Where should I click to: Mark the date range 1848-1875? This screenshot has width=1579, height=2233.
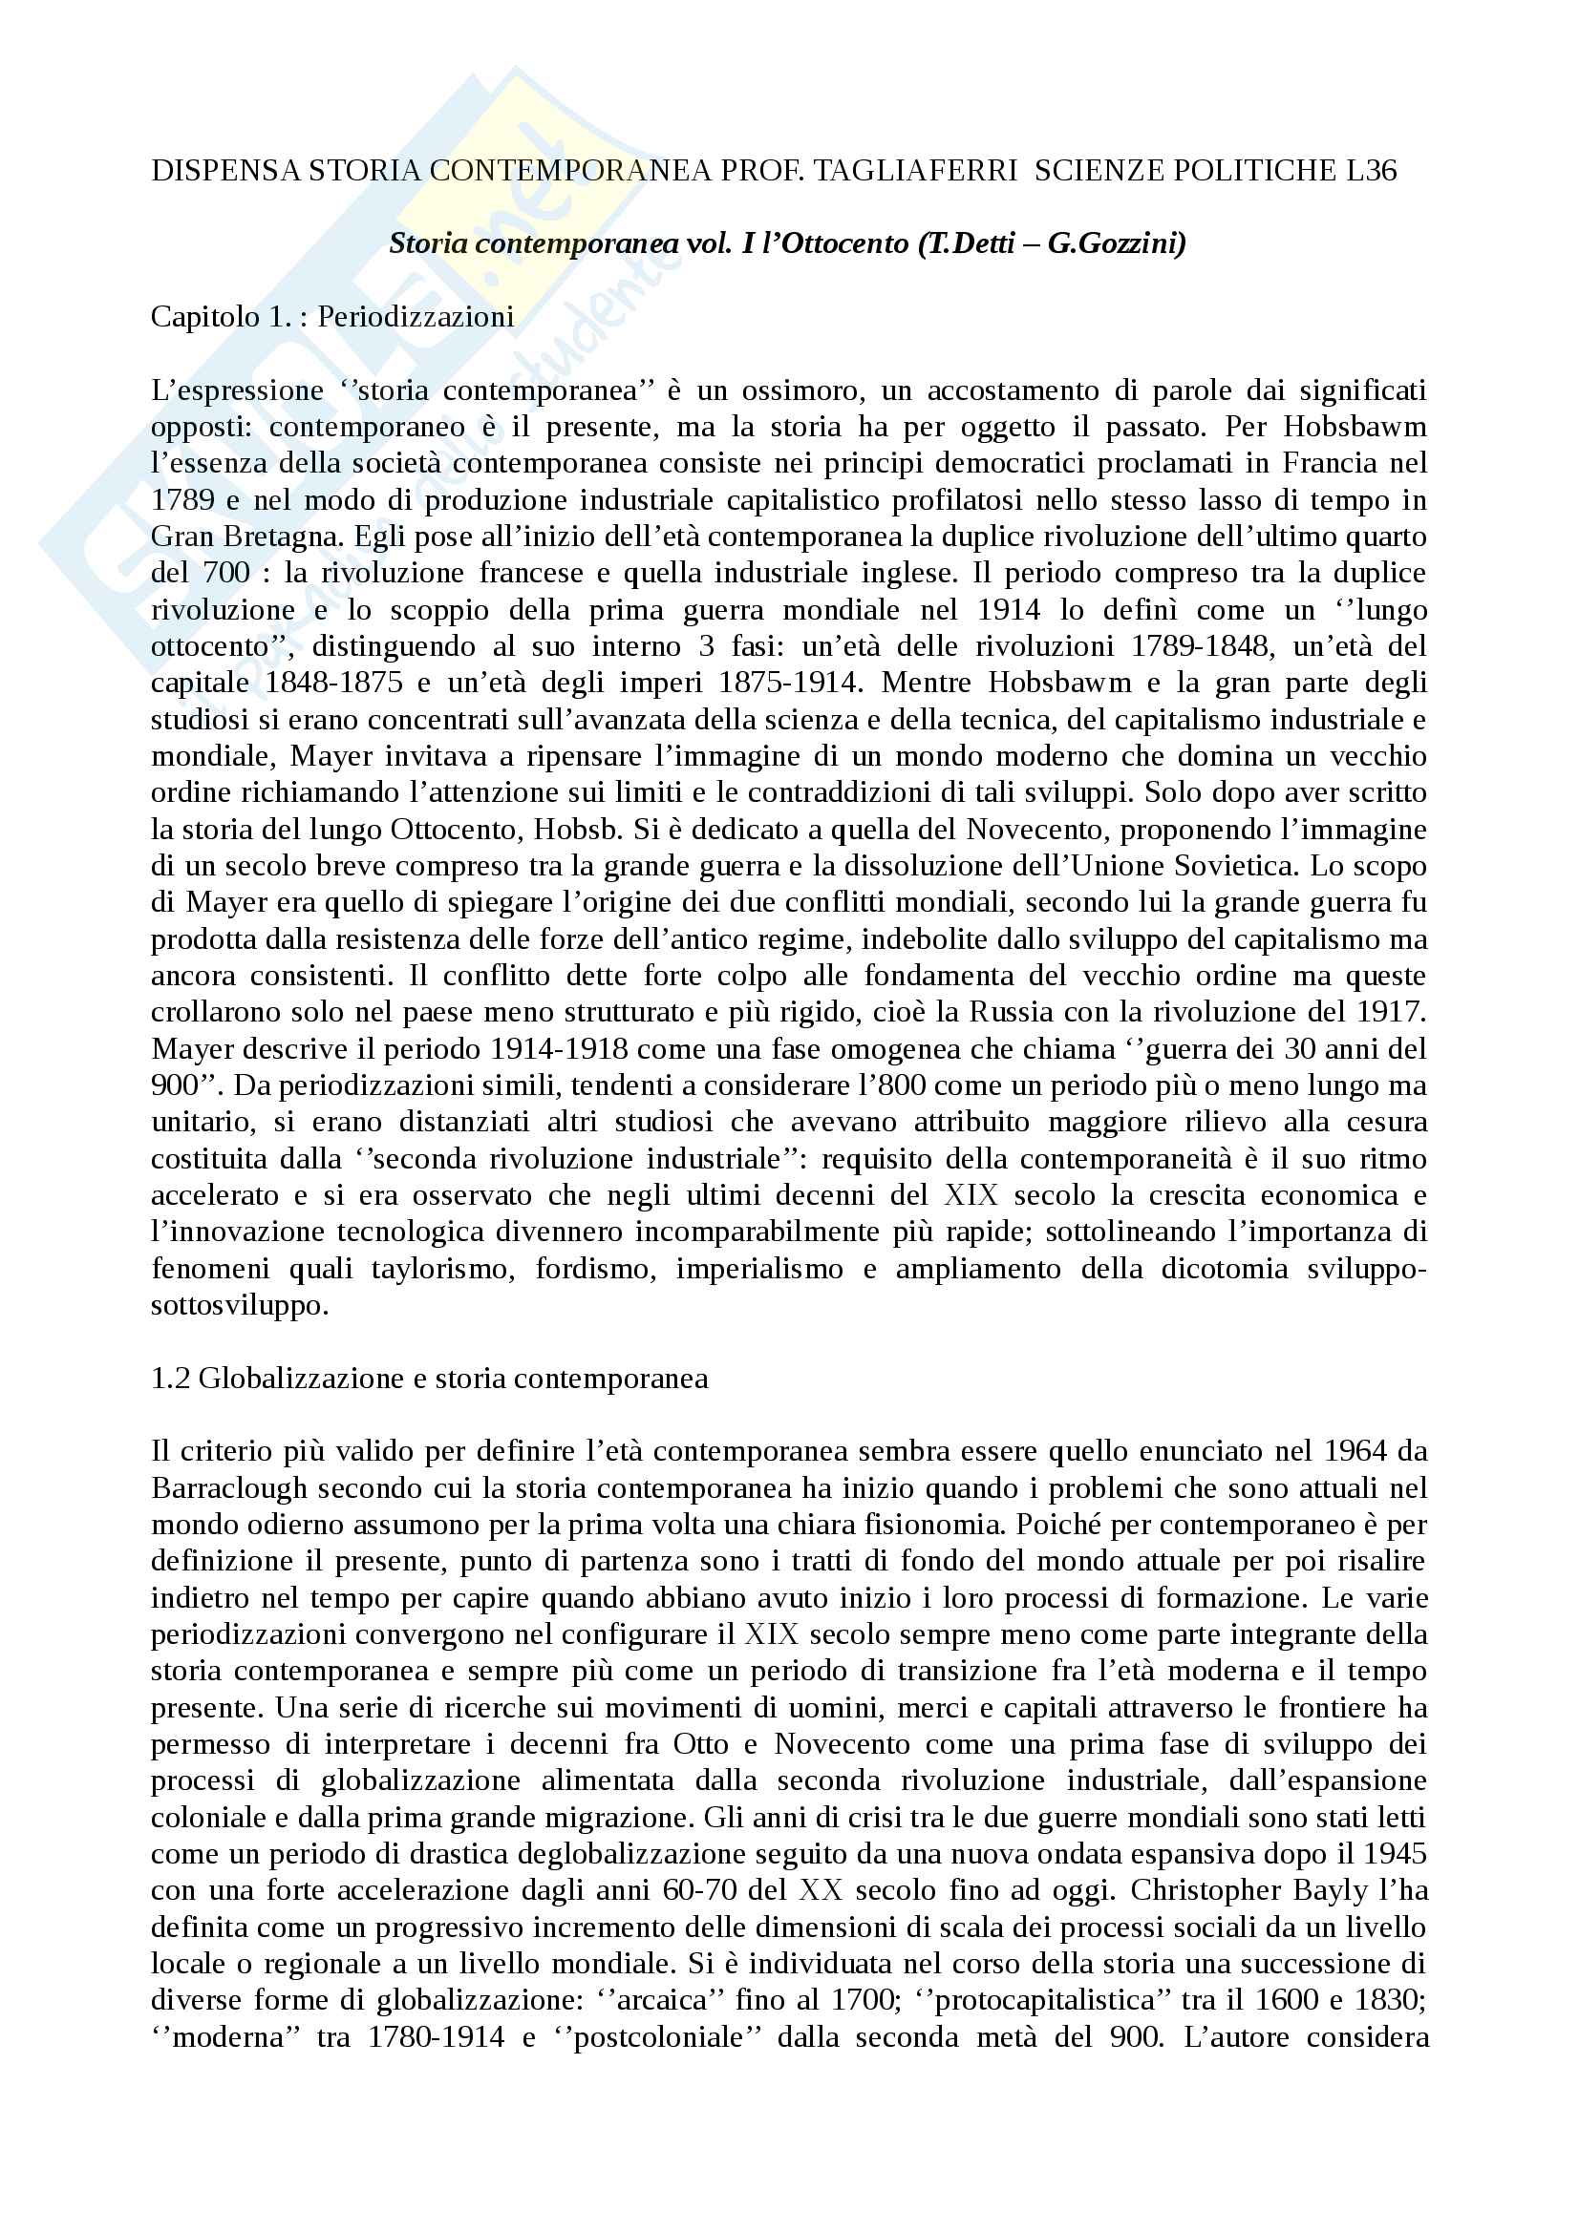point(333,683)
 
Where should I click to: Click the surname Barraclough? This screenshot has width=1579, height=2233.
point(228,1488)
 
